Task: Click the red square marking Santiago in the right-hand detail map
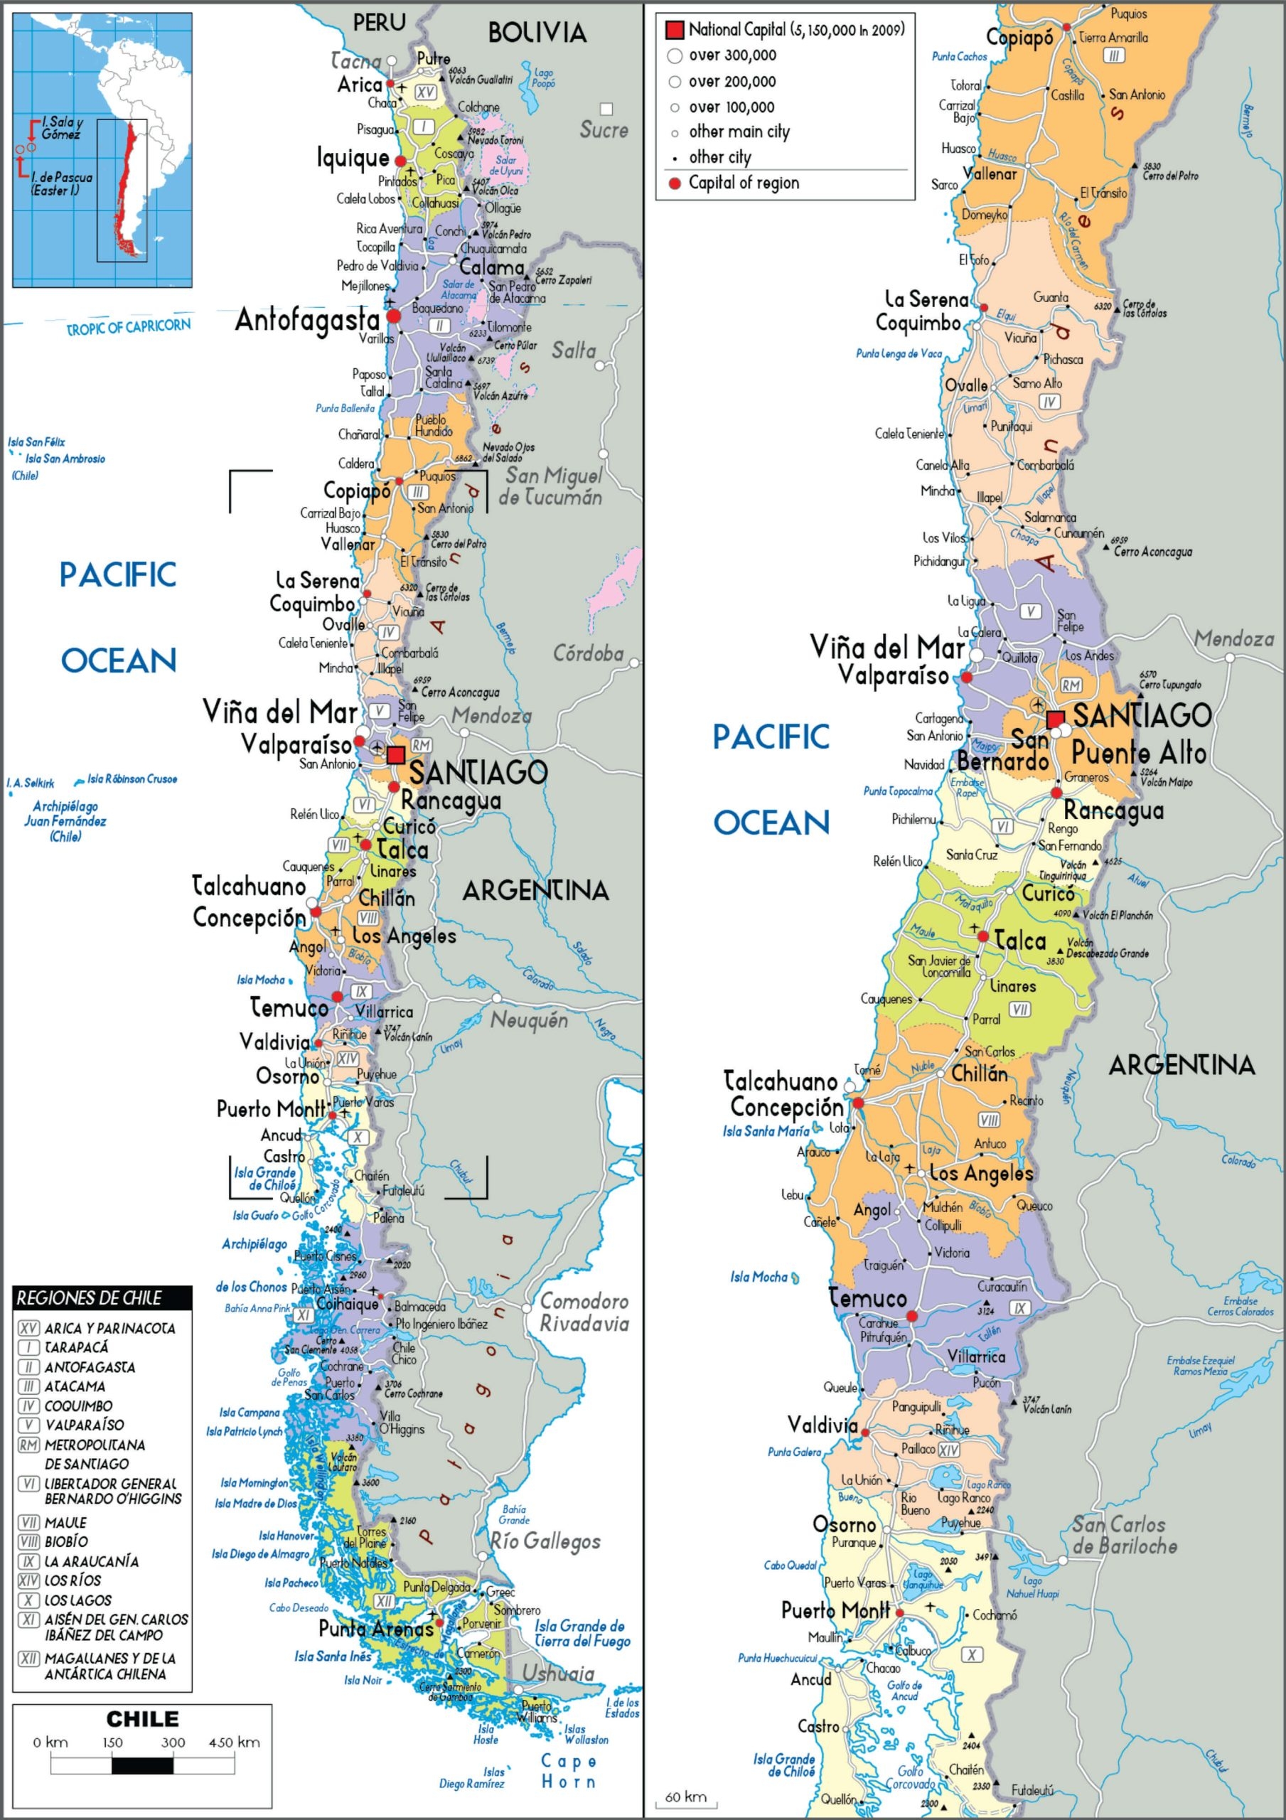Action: pos(1055,719)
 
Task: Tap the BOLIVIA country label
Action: pos(537,33)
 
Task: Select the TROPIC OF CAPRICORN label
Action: pos(129,326)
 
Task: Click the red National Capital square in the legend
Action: pos(674,30)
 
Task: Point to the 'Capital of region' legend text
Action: pos(743,183)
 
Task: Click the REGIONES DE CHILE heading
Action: pos(89,1297)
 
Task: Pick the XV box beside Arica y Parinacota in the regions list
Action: pos(28,1328)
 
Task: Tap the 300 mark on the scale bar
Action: pos(173,1743)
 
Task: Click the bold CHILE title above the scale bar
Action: pos(143,1718)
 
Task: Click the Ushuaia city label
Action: pos(557,1673)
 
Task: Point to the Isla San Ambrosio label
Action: pos(65,459)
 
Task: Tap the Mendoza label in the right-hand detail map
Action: pos(1233,638)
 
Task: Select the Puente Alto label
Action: pos(1139,752)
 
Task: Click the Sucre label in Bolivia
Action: pos(604,130)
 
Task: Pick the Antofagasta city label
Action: pos(308,320)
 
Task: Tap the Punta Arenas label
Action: pos(376,1628)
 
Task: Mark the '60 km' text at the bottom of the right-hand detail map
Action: pos(686,1797)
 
